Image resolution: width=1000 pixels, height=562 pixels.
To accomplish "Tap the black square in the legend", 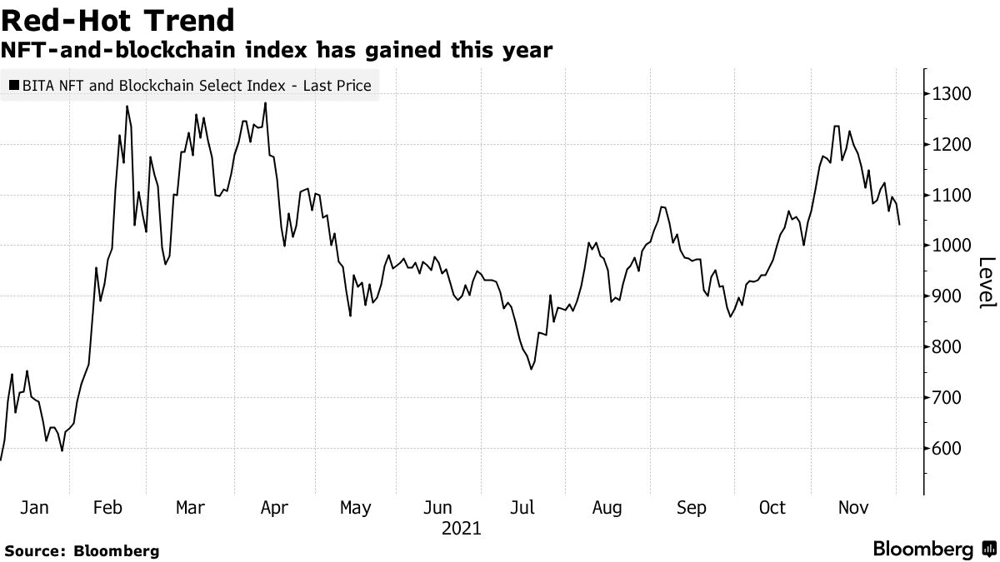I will (x=14, y=86).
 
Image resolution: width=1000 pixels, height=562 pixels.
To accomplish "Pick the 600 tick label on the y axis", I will (x=949, y=449).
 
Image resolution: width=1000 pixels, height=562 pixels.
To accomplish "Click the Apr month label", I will (x=274, y=507).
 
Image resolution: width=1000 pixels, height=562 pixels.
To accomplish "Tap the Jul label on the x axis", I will (x=522, y=507).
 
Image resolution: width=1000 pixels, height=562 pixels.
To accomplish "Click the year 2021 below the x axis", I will (x=461, y=529).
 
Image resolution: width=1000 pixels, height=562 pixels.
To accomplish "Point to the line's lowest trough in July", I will (x=532, y=369).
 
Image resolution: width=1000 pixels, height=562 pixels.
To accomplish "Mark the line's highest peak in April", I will (x=265, y=103).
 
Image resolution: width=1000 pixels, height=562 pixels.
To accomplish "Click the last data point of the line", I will (x=899, y=224).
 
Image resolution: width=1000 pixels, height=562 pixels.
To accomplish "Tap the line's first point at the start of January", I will (x=1, y=460).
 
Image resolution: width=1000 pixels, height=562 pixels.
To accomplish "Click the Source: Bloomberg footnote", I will (x=81, y=550).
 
